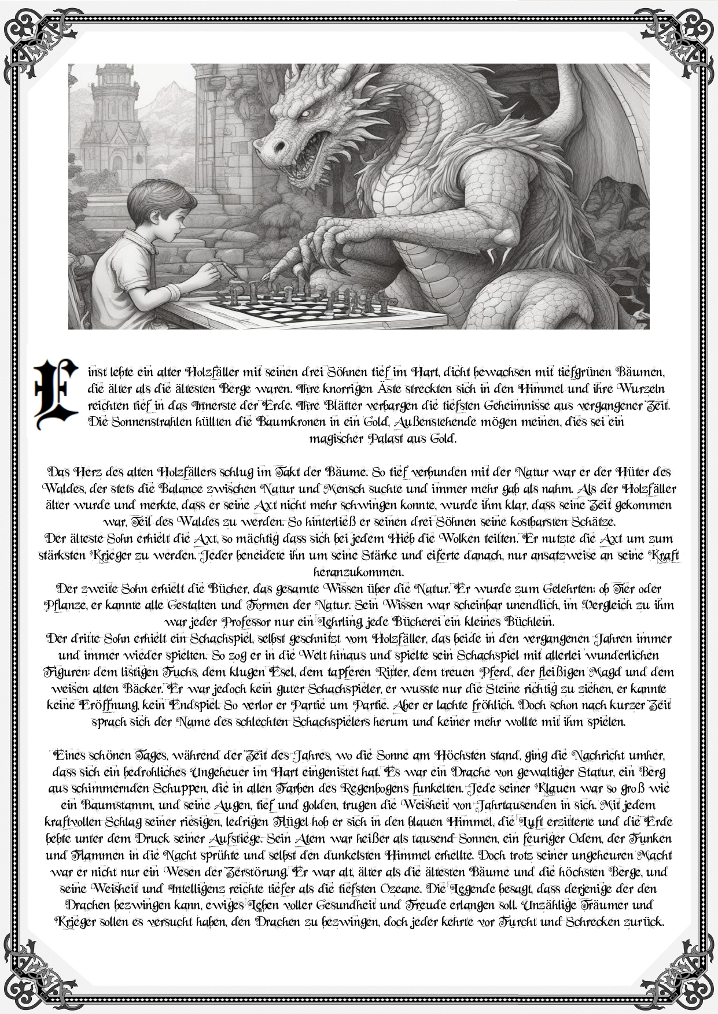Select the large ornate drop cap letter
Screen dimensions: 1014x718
[x=56, y=395]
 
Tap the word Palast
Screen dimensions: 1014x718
[x=386, y=439]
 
